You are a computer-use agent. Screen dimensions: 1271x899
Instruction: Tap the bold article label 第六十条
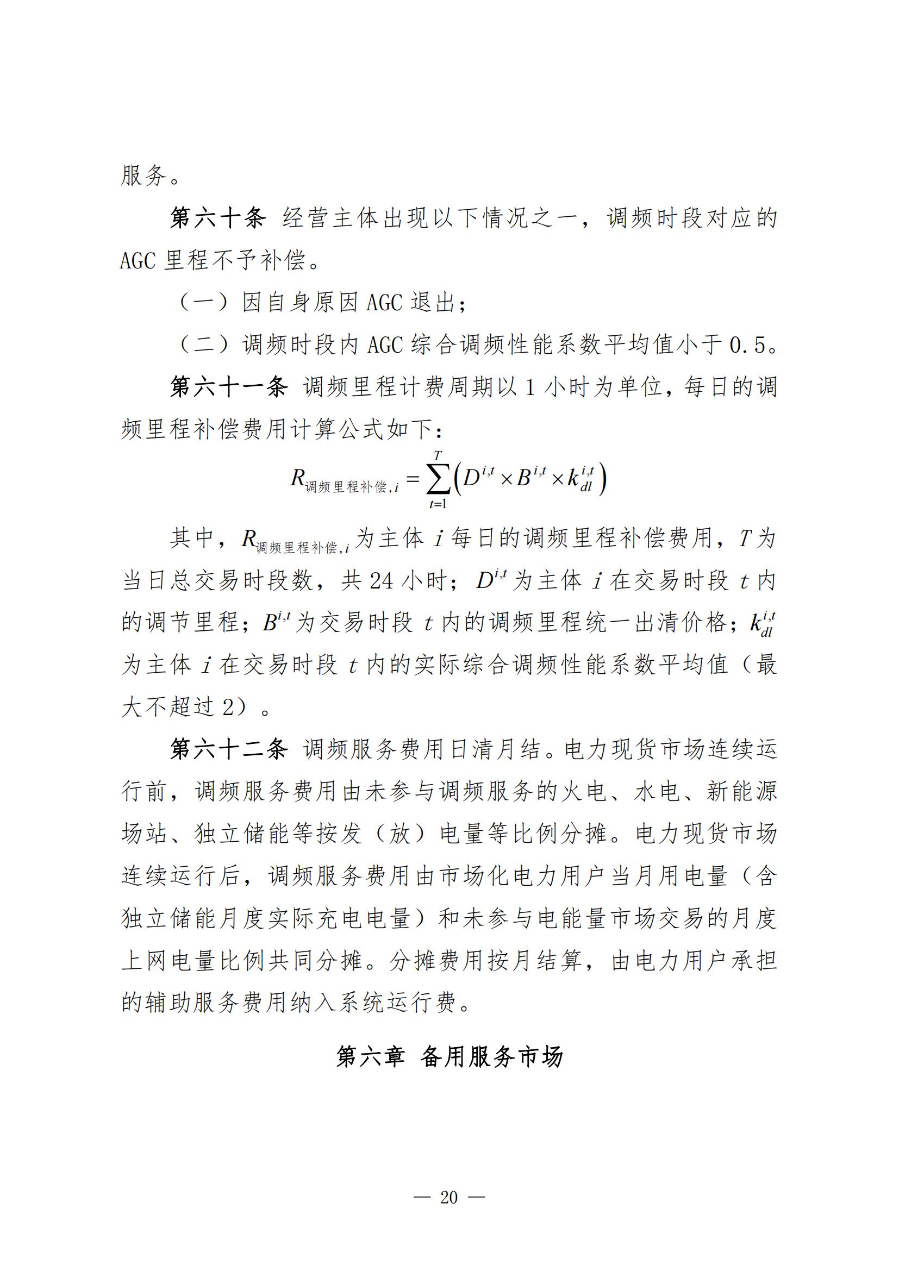coord(218,218)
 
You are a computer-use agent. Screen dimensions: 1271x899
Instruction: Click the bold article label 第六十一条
coord(229,387)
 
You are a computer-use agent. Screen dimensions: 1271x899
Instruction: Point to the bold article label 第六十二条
coord(229,749)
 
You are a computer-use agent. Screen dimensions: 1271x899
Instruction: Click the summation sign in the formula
coord(438,479)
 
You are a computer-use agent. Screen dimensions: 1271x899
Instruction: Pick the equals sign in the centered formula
coord(413,477)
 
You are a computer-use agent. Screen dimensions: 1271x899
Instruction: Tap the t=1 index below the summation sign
coord(438,504)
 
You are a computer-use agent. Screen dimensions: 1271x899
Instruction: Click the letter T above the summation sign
coord(438,455)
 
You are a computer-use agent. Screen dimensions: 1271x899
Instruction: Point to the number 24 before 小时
coord(382,581)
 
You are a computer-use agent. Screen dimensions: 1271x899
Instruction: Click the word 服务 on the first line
coord(144,176)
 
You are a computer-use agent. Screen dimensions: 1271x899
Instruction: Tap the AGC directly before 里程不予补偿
coord(138,261)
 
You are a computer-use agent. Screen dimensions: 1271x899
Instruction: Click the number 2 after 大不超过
coord(228,707)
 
